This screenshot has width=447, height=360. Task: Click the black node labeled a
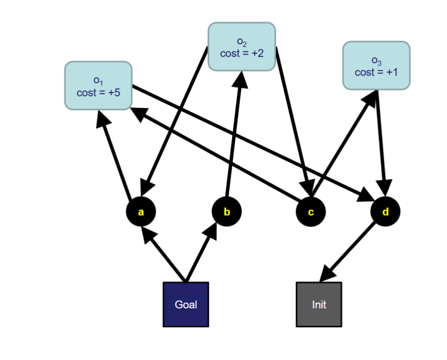[141, 212]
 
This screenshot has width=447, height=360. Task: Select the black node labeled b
[227, 212]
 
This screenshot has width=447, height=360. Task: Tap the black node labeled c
[311, 212]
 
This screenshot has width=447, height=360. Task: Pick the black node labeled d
[386, 212]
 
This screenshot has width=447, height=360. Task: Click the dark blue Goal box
[185, 304]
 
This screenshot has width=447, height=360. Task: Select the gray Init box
[319, 304]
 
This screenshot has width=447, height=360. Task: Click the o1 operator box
[98, 85]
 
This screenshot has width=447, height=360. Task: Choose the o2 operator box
[242, 46]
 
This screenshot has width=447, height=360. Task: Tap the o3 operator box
[376, 66]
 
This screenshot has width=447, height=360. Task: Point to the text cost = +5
[98, 93]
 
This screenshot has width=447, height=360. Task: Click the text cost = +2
[242, 54]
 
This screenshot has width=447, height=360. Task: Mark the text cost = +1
[376, 72]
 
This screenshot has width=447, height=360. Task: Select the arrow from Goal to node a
[164, 255]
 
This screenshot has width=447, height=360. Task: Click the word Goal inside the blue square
[185, 304]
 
